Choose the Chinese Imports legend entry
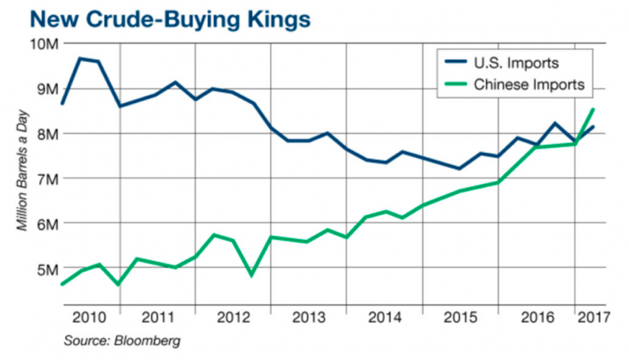(x=532, y=84)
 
